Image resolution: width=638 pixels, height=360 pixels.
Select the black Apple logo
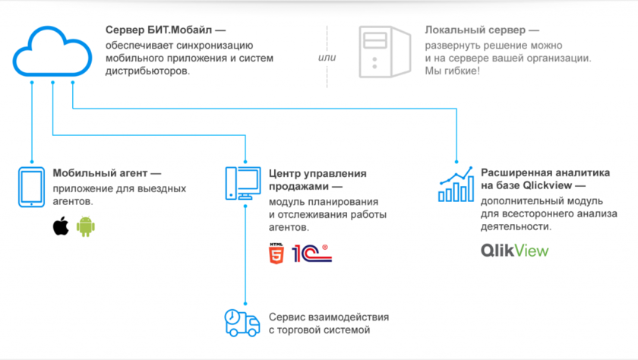tap(60, 226)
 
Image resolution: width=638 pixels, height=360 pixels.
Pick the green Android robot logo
tap(85, 226)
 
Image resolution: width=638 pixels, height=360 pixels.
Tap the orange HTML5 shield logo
tap(276, 253)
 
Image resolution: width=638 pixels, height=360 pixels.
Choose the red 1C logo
tap(311, 253)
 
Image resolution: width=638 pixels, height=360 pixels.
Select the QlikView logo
tap(514, 251)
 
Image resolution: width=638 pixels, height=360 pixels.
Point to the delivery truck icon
tap(242, 323)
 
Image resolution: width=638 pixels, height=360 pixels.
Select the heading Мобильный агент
tap(102, 173)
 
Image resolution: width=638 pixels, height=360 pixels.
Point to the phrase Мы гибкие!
tap(453, 71)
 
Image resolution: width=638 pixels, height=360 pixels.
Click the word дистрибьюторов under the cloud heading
tap(149, 71)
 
